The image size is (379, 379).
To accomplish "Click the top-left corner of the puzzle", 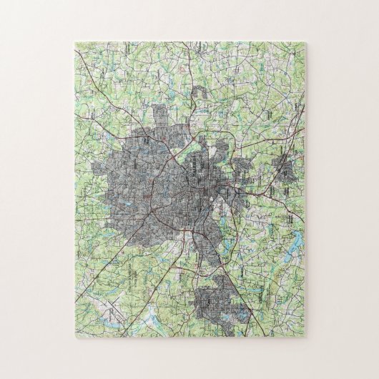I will coord(73,42).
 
